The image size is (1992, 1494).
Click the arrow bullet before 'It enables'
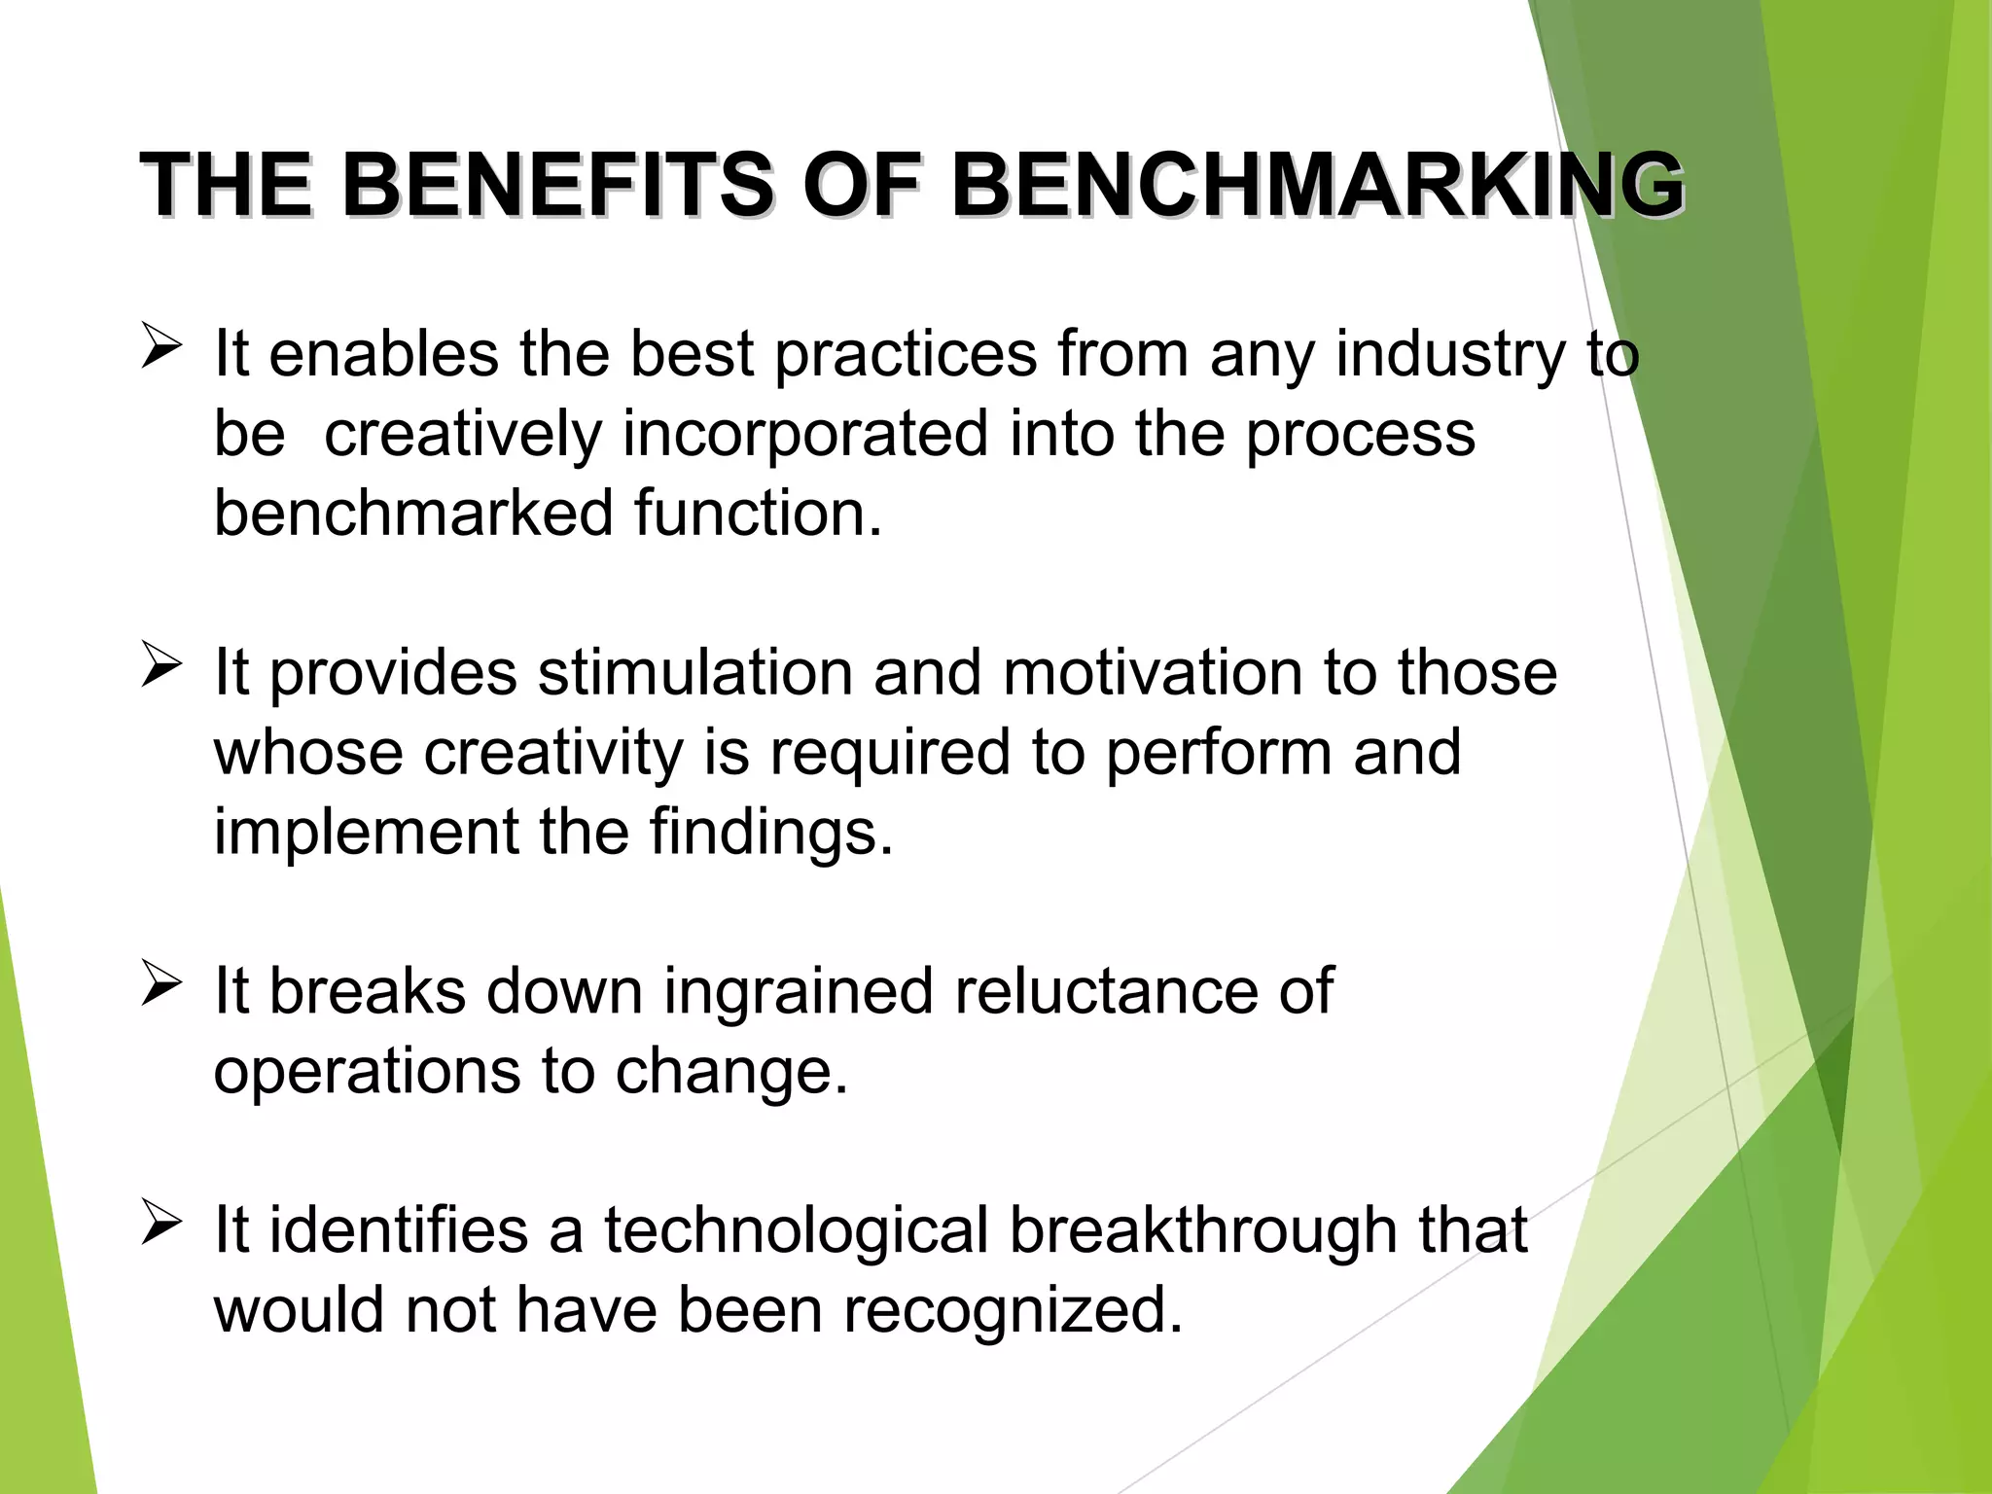coord(160,347)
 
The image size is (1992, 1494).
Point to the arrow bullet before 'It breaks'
coord(160,984)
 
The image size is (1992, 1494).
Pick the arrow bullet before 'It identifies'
coord(160,1224)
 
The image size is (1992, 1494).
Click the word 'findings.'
coord(770,833)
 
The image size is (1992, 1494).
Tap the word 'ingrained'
coord(798,992)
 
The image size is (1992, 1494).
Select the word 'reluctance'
coord(1107,991)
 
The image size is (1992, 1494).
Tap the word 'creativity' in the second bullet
coord(553,753)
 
